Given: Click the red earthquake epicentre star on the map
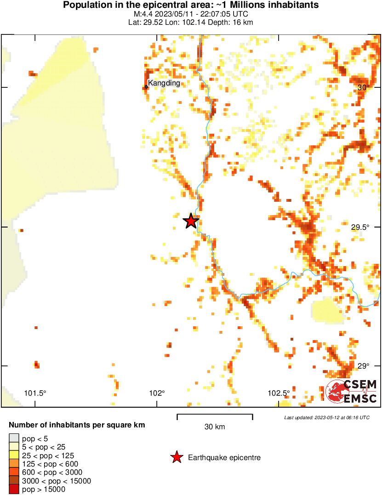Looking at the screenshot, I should pos(191,221).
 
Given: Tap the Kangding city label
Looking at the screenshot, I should pos(164,83).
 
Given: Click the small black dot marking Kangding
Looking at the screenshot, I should pos(146,86).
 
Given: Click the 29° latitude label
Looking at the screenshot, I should pos(363,366).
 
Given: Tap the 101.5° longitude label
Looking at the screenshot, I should pos(35,393).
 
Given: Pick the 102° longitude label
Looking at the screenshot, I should pos(157,393).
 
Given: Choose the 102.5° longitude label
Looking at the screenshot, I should pos(279,393).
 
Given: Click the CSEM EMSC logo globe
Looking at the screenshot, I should pos(334,391).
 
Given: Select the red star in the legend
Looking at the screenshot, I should pos(176,457).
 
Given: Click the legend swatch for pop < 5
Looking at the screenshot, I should pos(14,438).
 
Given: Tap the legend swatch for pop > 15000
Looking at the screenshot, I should pos(14,489).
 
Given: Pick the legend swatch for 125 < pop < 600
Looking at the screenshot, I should pos(14,464).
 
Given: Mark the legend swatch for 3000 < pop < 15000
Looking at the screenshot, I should pos(14,481).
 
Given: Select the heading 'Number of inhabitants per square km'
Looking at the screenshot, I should pos(77,425).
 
